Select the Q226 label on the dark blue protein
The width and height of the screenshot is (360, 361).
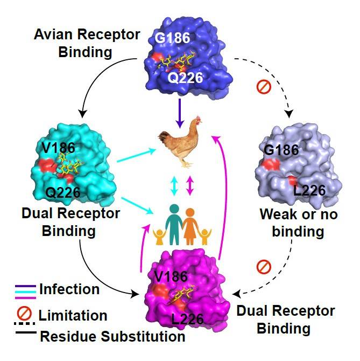(185, 78)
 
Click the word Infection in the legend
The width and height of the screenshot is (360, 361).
(69, 289)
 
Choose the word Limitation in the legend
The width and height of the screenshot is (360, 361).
(73, 315)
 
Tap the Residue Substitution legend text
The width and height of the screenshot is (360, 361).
(113, 337)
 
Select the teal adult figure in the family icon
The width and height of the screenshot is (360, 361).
(173, 222)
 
